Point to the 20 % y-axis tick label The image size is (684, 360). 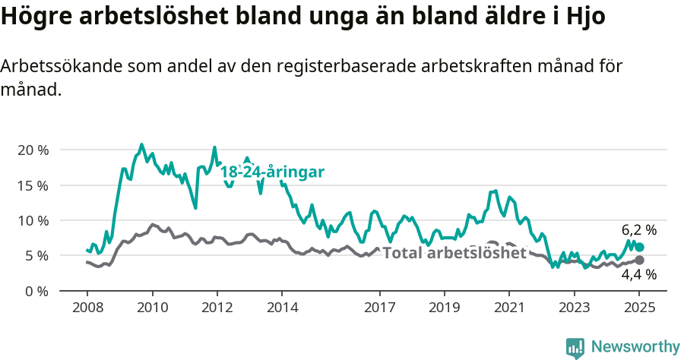[x=33, y=150]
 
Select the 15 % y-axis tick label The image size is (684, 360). [x=33, y=185]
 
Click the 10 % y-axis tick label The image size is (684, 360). [x=33, y=220]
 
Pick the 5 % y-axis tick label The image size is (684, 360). [x=36, y=256]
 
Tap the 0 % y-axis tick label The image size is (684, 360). [x=36, y=291]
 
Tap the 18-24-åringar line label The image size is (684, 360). [x=272, y=172]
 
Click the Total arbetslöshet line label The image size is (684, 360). [x=454, y=253]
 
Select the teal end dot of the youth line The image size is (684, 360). [x=639, y=247]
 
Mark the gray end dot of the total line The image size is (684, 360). [x=639, y=260]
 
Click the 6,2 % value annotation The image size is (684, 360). [x=638, y=230]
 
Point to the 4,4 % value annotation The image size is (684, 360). [x=638, y=275]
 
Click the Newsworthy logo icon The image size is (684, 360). [x=575, y=348]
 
